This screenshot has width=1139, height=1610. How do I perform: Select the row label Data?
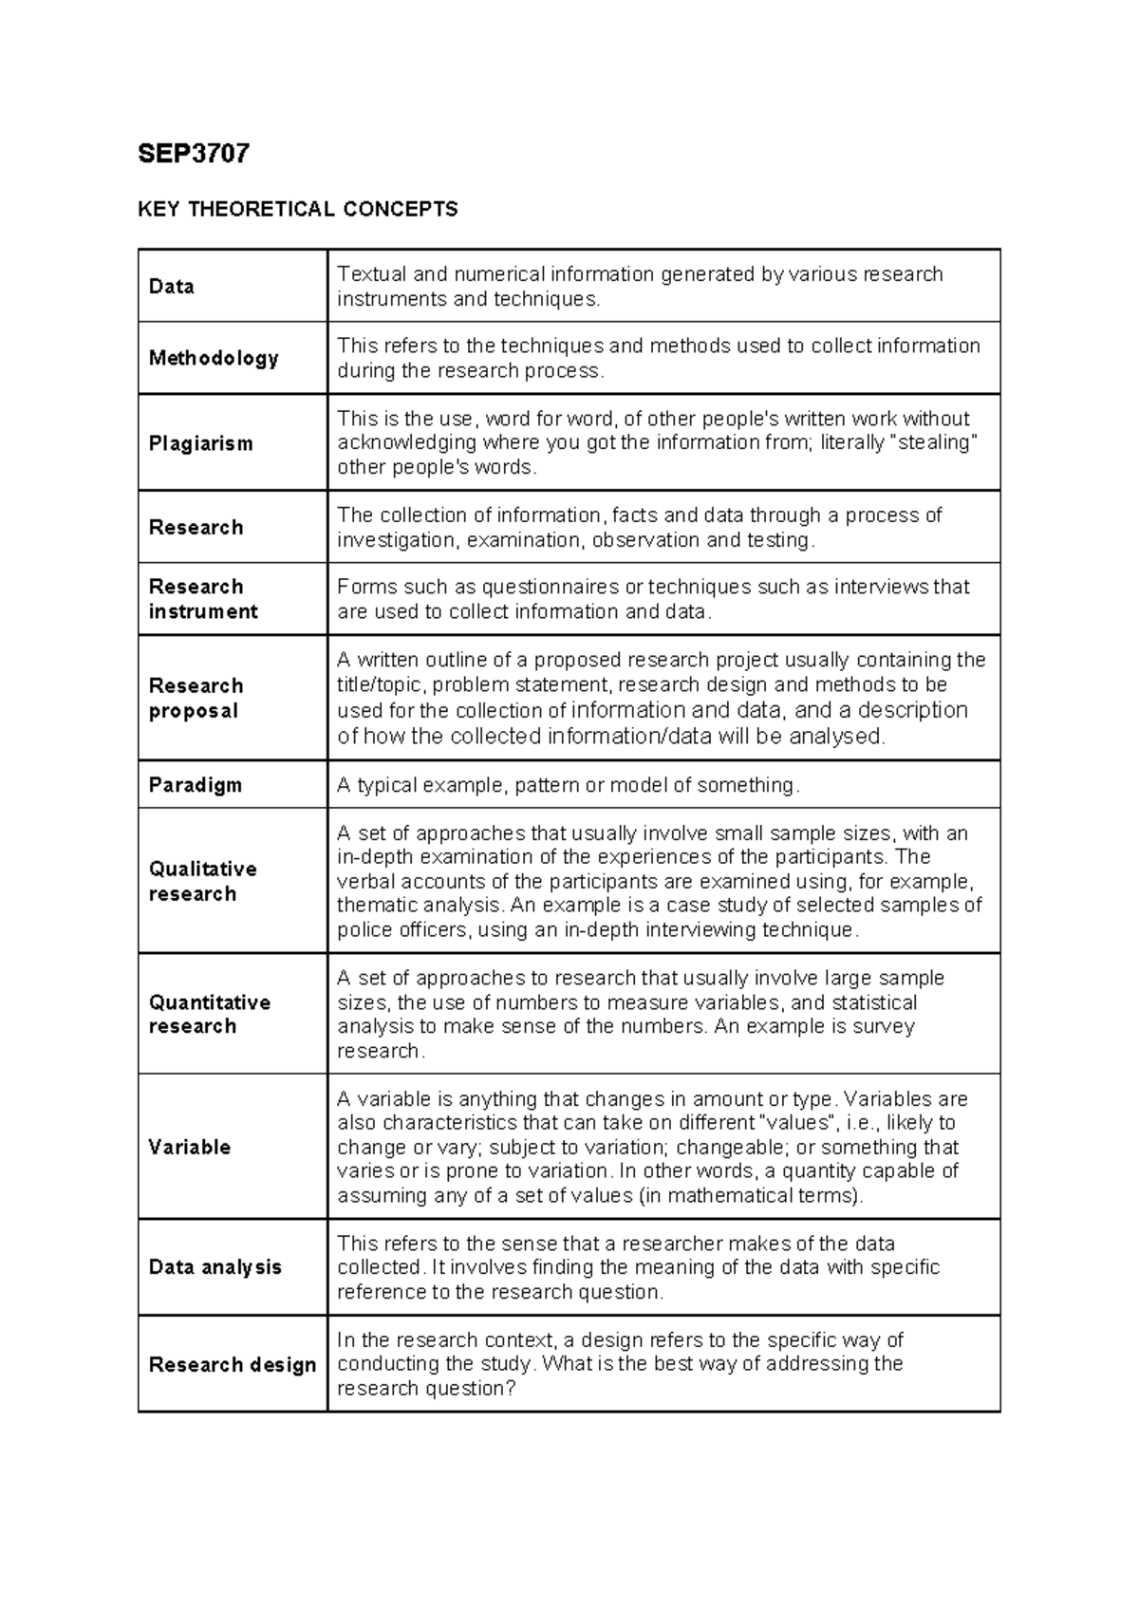click(172, 287)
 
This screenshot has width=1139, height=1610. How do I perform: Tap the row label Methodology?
click(214, 358)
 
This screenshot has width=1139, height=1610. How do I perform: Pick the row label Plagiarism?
click(200, 443)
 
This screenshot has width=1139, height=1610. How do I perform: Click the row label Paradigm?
click(195, 785)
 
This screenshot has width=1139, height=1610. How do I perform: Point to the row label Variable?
click(189, 1147)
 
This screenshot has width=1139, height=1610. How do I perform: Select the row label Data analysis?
click(215, 1267)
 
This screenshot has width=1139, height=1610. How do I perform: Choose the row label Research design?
click(233, 1364)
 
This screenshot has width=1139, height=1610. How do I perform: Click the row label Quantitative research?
click(209, 1014)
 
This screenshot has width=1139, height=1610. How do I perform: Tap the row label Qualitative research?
click(202, 881)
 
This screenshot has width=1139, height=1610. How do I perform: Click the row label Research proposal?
click(196, 698)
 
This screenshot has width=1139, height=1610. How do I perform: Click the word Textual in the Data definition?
click(371, 274)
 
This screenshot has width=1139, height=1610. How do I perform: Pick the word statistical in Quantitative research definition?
click(873, 1002)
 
